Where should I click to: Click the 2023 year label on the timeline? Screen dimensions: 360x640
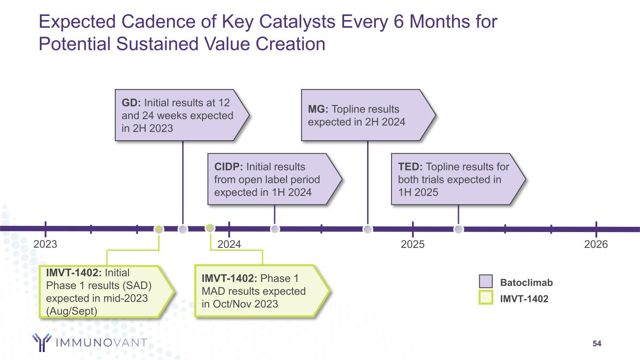pyautogui.click(x=45, y=244)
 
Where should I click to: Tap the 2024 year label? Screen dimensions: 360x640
pyautogui.click(x=229, y=244)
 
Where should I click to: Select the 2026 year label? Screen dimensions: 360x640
pyautogui.click(x=596, y=244)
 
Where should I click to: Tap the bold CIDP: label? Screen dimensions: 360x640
pyautogui.click(x=228, y=167)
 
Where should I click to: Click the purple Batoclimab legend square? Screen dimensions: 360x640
pyautogui.click(x=486, y=282)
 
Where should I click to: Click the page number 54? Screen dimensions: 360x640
pyautogui.click(x=597, y=344)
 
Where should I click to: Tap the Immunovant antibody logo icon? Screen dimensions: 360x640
pyautogui.click(x=42, y=343)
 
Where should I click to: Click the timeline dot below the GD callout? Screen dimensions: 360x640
pyautogui.click(x=183, y=229)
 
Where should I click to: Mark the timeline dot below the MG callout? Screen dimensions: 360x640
pyautogui.click(x=368, y=229)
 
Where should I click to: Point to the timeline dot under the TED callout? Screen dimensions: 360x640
pyautogui.click(x=459, y=229)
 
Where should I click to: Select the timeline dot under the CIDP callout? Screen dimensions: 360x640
pyautogui.click(x=275, y=229)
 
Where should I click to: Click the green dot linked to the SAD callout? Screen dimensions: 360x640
pyautogui.click(x=159, y=229)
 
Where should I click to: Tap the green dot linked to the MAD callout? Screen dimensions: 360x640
pyautogui.click(x=210, y=228)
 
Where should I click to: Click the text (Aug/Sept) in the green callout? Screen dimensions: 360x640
pyautogui.click(x=71, y=310)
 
